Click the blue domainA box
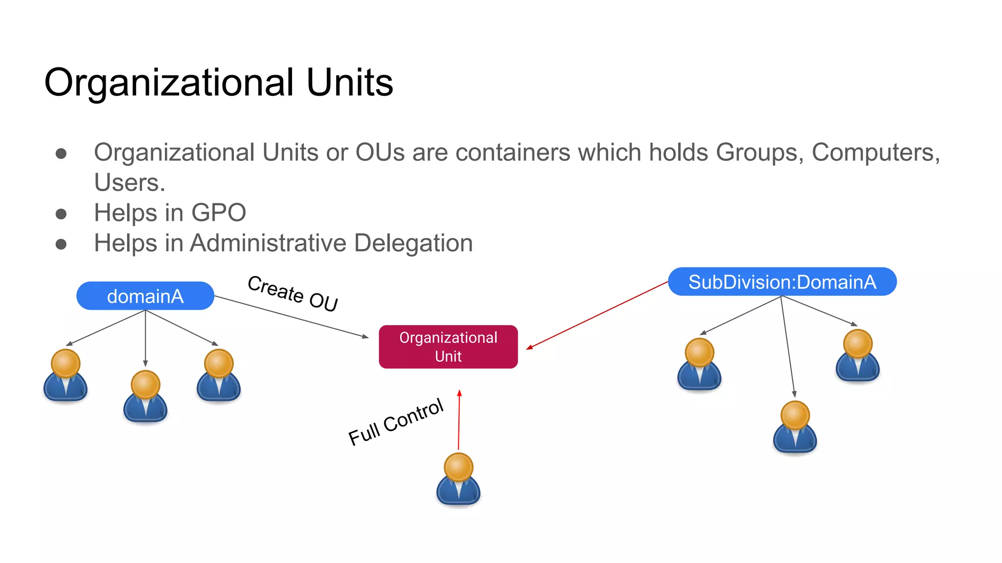145,296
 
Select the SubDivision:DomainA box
782,282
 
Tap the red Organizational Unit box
448,347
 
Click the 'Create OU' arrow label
293,293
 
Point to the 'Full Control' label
395,422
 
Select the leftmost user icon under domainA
66,375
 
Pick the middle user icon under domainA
145,396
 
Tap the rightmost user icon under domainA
219,375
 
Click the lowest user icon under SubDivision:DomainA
795,427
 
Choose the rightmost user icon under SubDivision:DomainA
858,355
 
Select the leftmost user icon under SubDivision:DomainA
699,364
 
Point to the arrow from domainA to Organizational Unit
292,316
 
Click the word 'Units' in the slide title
350,82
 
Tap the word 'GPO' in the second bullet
219,213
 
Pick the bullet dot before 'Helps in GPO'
61,214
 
